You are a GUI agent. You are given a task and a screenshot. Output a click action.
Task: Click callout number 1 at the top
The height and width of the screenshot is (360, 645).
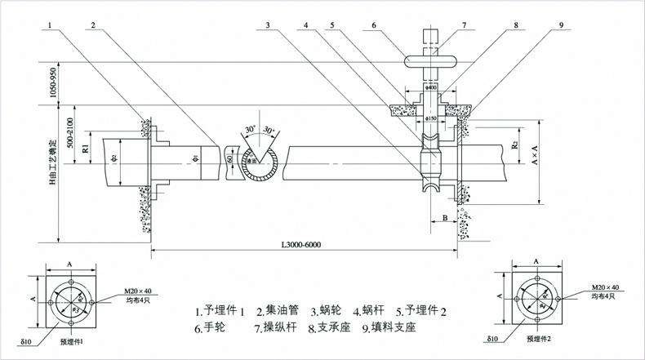[51, 25]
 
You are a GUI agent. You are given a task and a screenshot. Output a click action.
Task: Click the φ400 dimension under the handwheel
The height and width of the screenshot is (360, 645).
[432, 87]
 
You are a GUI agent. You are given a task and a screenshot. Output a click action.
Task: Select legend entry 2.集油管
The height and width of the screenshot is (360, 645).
[278, 310]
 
